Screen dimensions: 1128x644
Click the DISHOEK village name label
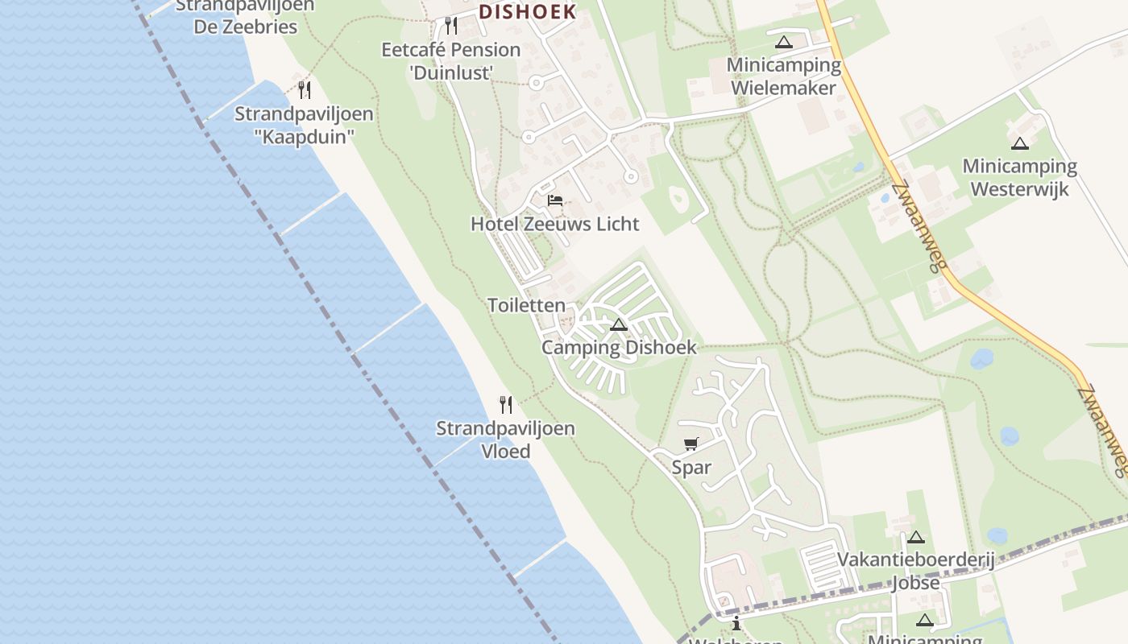click(x=528, y=11)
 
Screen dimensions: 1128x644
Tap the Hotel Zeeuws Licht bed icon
click(x=554, y=200)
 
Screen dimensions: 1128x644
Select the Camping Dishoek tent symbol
click(x=619, y=325)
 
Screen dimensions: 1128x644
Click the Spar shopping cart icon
click(x=690, y=444)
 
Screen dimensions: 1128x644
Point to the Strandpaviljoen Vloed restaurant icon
click(x=505, y=404)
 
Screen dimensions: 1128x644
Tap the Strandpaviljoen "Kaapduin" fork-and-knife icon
click(x=305, y=89)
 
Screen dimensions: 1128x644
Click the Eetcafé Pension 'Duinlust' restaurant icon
click(x=451, y=26)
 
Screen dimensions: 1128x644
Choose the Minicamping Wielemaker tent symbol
click(x=783, y=42)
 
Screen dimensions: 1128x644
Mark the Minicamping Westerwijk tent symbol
click(x=1020, y=144)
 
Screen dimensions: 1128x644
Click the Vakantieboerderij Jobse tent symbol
click(x=915, y=537)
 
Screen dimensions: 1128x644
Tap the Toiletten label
click(x=527, y=306)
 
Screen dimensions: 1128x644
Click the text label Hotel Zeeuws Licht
click(x=555, y=224)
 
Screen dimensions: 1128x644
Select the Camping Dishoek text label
click(x=619, y=348)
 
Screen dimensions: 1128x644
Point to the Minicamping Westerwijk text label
click(x=1020, y=178)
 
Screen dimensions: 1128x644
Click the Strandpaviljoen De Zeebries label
click(x=245, y=16)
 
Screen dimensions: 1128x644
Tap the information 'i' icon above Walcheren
click(x=736, y=623)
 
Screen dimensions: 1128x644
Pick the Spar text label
click(x=691, y=468)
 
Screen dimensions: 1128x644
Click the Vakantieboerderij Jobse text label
click(x=916, y=571)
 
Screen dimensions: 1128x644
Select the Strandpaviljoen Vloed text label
click(x=506, y=440)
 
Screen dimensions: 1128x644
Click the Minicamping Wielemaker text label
click(x=784, y=76)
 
